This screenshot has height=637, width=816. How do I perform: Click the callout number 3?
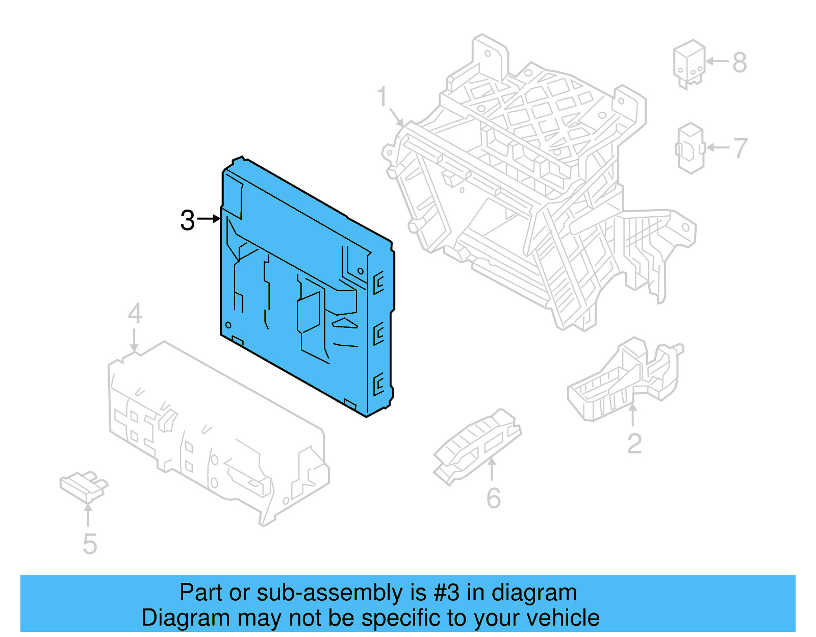pyautogui.click(x=188, y=220)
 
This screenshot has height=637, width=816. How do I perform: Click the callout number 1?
pyautogui.click(x=382, y=97)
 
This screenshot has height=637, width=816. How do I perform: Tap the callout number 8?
pyautogui.click(x=739, y=63)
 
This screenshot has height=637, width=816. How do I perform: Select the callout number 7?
pyautogui.click(x=740, y=148)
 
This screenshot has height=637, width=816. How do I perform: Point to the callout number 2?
pyautogui.click(x=634, y=444)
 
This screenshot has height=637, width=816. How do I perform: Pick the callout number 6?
pyautogui.click(x=493, y=498)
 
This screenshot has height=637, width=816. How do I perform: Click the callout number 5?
pyautogui.click(x=90, y=544)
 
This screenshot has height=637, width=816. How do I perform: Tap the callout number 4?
pyautogui.click(x=135, y=313)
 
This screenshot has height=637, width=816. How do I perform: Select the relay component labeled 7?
pyautogui.click(x=691, y=148)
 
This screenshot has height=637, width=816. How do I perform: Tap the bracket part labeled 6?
pyautogui.click(x=477, y=447)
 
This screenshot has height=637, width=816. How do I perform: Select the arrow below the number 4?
pyautogui.click(x=134, y=340)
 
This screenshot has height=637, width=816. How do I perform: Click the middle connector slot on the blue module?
pyautogui.click(x=378, y=334)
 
